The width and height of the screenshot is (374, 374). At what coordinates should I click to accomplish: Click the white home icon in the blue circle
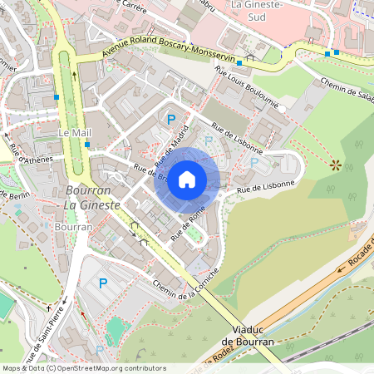[187, 179]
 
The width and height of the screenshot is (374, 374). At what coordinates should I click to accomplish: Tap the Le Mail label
[75, 133]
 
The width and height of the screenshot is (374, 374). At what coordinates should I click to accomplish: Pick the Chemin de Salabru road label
[345, 92]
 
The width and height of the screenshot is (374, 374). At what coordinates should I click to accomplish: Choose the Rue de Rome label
[188, 224]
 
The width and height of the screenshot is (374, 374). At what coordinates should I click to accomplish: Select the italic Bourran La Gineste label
[92, 197]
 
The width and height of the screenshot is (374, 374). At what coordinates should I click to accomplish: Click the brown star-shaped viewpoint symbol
[336, 165]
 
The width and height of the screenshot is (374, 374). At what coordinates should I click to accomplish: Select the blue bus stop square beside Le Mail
[86, 145]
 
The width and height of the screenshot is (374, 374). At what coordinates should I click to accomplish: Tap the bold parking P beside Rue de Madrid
[170, 120]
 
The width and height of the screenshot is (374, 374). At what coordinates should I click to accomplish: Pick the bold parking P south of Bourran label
[103, 283]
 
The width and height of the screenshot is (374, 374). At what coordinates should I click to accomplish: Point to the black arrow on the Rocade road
[340, 268]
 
